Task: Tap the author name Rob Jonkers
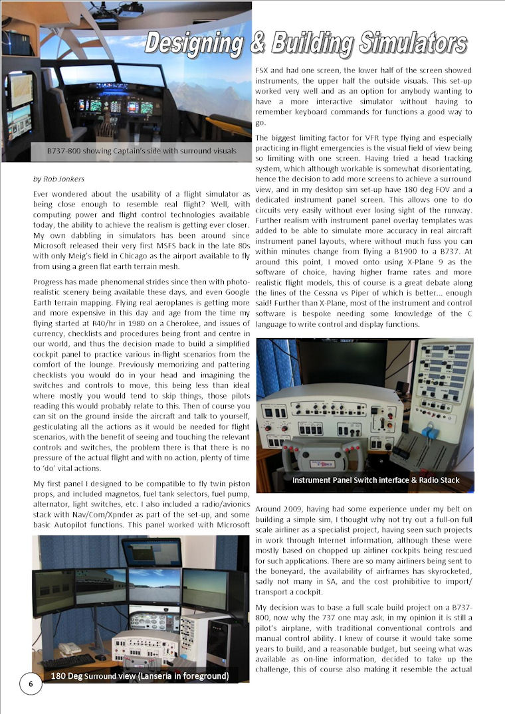tap(60, 179)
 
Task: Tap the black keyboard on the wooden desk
tap(67, 660)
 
